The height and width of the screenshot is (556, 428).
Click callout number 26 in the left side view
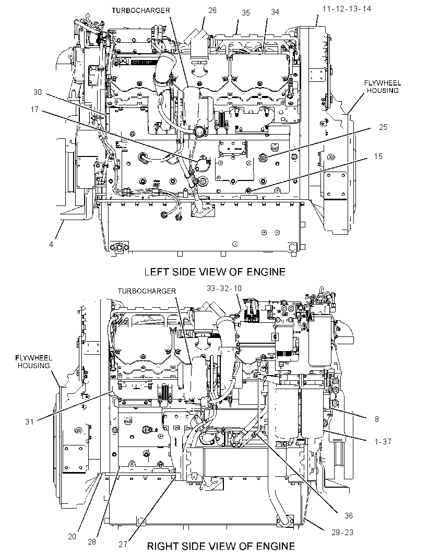click(212, 10)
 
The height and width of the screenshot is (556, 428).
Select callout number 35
click(246, 13)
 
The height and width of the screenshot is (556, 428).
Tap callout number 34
click(275, 12)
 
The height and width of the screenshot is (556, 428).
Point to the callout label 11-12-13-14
click(347, 9)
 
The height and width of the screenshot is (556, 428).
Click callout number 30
click(38, 92)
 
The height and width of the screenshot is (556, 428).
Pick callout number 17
click(34, 109)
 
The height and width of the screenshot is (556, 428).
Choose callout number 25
click(383, 127)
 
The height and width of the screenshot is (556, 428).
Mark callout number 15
click(378, 156)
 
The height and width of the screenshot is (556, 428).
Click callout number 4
click(51, 244)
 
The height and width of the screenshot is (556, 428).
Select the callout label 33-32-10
click(224, 288)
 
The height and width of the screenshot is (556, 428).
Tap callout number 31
click(29, 421)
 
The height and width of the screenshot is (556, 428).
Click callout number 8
click(376, 419)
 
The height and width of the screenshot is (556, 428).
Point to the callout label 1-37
click(383, 441)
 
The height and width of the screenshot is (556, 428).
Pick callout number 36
click(349, 515)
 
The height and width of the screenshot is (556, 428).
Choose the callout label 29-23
click(342, 532)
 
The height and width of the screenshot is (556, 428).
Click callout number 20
click(72, 537)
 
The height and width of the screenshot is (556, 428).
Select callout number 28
click(92, 542)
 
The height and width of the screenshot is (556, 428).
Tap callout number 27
click(123, 544)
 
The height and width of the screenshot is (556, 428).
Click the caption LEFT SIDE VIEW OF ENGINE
click(215, 272)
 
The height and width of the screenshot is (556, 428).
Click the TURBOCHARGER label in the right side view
click(147, 291)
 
